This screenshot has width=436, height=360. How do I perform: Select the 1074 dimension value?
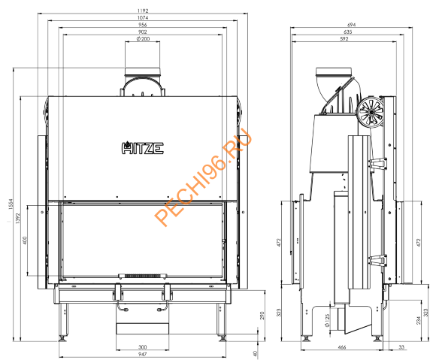click(x=142, y=18)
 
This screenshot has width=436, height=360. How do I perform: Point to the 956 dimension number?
click(x=142, y=25)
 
